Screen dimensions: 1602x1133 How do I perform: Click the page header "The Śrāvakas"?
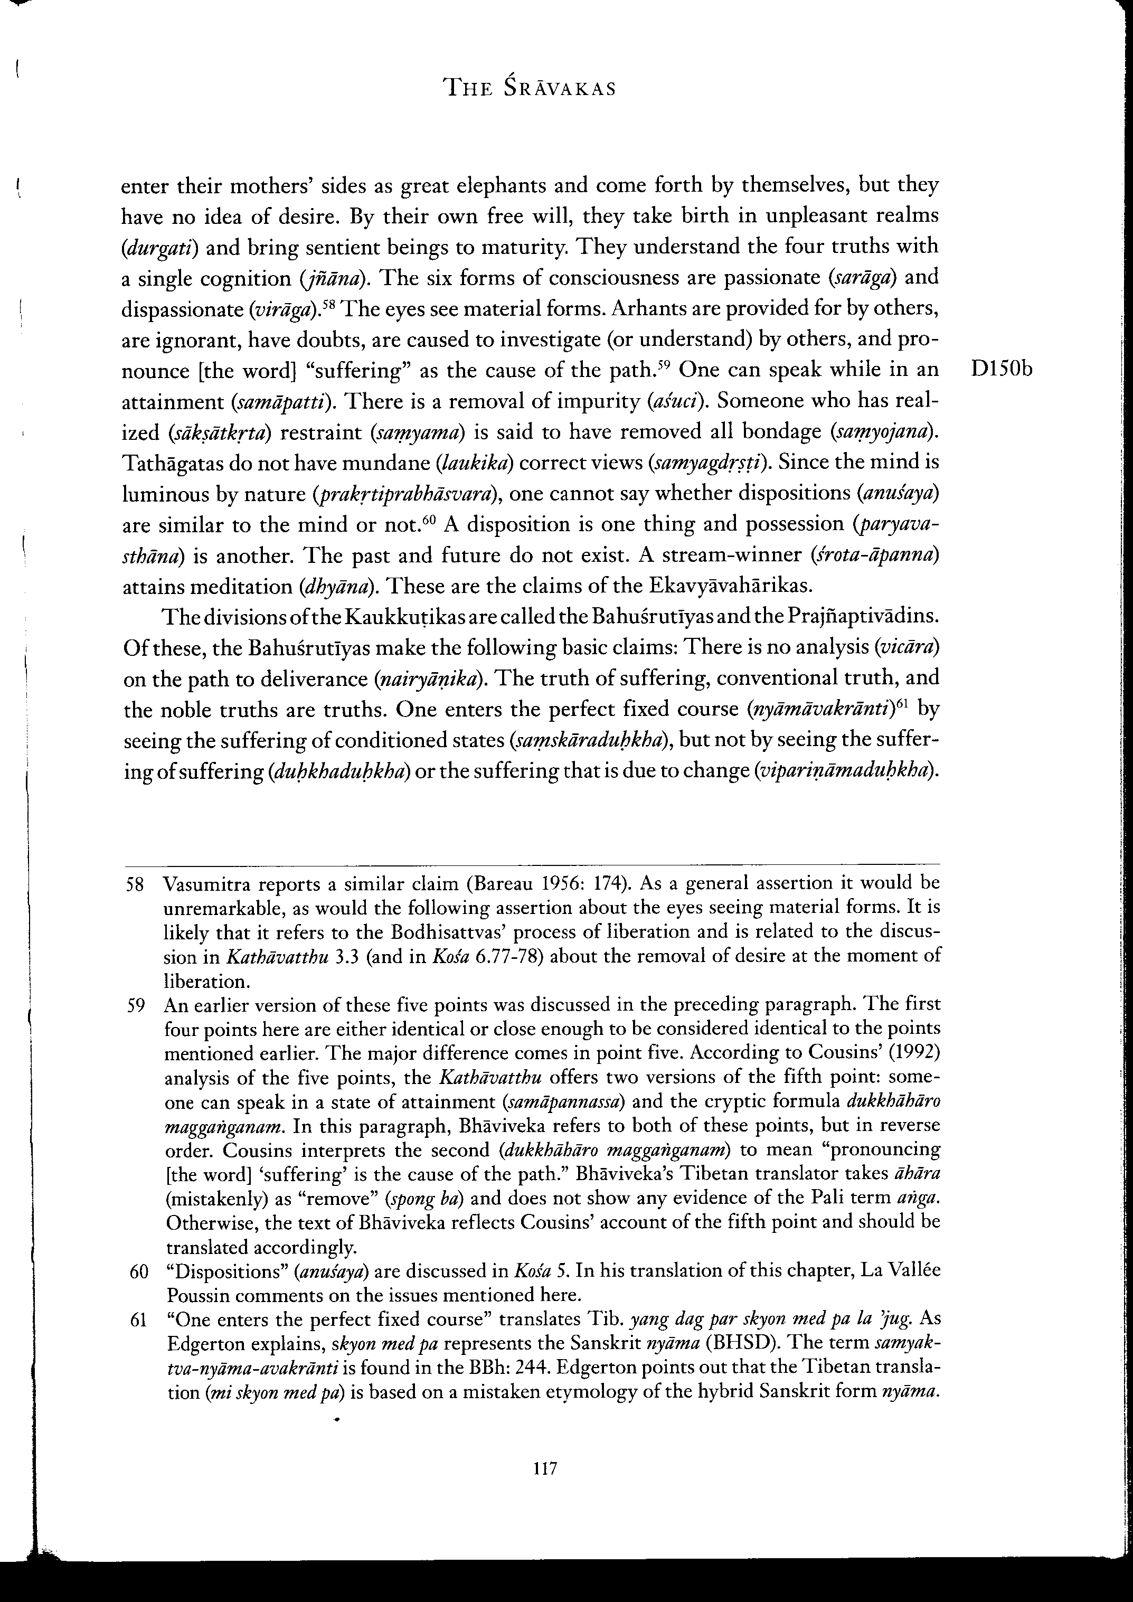(x=530, y=89)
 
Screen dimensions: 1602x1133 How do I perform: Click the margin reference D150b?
(x=1000, y=370)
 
